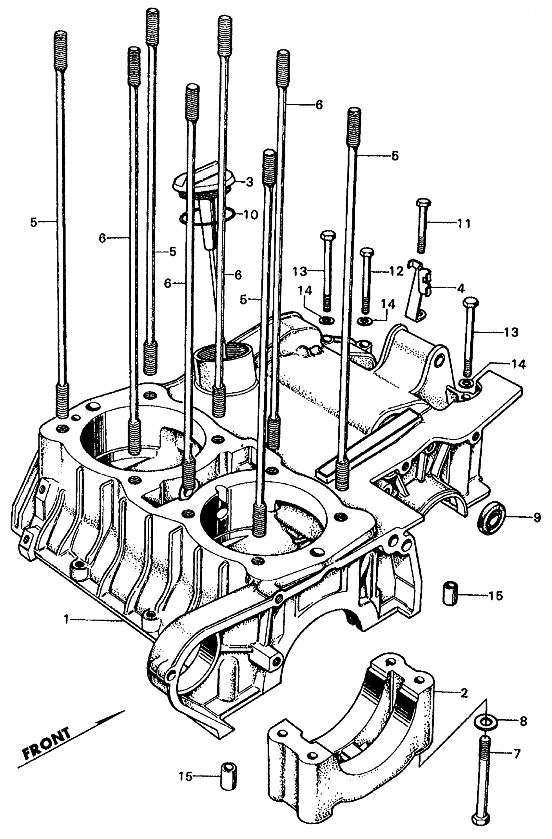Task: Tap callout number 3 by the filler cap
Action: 249,182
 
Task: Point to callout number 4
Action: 461,288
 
